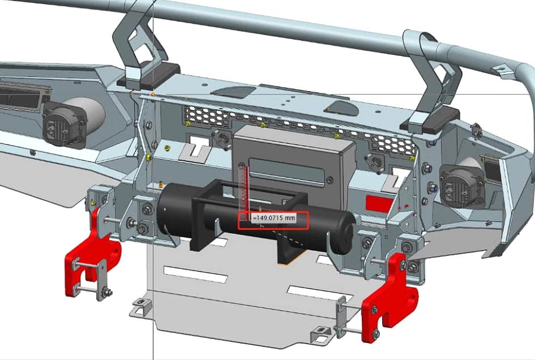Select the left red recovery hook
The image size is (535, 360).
click(x=91, y=253)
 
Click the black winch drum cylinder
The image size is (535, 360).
click(x=256, y=218)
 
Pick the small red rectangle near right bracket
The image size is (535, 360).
click(x=379, y=203)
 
